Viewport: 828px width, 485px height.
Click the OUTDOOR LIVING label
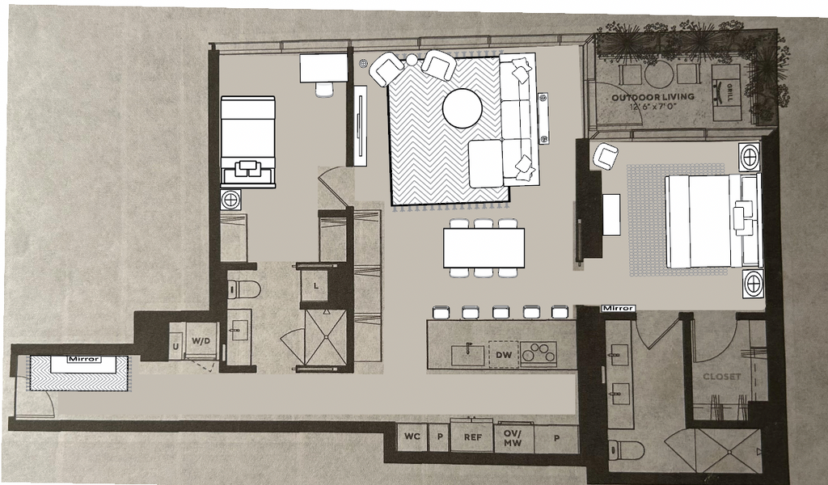coord(653,97)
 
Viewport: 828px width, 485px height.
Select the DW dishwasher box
coord(503,355)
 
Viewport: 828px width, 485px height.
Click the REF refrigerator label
coord(472,437)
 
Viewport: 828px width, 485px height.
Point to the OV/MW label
coord(512,438)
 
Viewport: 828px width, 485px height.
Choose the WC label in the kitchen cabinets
coord(412,436)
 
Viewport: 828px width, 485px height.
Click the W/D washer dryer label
coord(201,341)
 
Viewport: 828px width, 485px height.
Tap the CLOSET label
coord(721,377)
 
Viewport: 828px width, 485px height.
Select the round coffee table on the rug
coord(462,108)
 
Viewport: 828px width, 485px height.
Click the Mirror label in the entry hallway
coord(84,359)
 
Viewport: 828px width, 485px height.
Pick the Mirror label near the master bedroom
coord(618,308)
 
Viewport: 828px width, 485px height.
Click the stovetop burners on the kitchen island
coord(539,353)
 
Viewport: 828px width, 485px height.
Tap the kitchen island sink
coord(467,355)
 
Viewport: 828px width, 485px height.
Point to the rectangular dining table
coord(484,247)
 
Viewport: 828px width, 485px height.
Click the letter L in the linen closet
coord(316,286)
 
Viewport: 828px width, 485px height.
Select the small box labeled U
coord(175,348)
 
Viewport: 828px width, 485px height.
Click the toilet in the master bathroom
coord(627,450)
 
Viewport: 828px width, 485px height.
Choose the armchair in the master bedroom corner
coord(605,157)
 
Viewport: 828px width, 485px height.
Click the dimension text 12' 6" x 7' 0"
coord(653,107)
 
